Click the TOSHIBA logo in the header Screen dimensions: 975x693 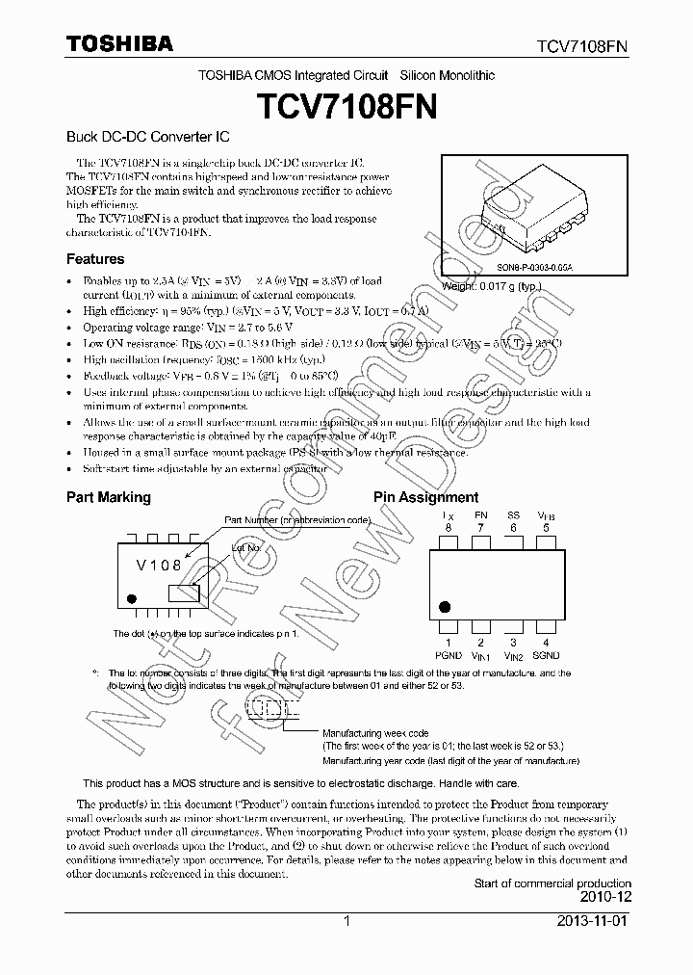[120, 43]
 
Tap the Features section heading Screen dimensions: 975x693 [95, 259]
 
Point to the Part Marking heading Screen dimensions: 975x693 [108, 497]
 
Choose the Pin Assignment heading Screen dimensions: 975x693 [425, 497]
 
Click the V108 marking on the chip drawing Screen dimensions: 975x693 [160, 566]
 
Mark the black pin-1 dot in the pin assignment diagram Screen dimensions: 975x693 [445, 607]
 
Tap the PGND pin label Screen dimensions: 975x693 [448, 655]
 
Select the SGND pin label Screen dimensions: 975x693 [546, 655]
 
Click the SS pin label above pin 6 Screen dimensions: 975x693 [513, 515]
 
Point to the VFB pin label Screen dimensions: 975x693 [546, 515]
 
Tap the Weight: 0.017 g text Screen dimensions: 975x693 [492, 286]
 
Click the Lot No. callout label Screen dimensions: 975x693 [245, 547]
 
